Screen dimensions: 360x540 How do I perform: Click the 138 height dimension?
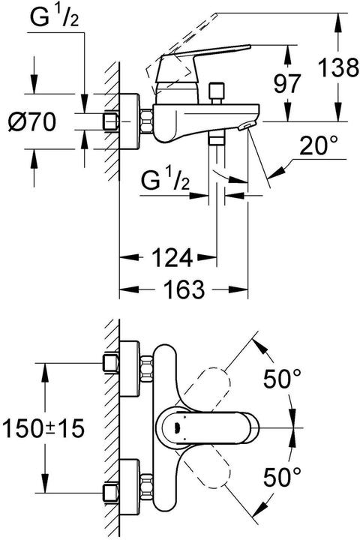(338, 67)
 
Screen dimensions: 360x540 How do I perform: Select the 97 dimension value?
(287, 83)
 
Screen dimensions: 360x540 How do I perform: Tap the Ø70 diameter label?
(31, 122)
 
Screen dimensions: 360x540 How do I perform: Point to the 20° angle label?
(318, 146)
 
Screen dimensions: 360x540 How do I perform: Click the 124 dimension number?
(172, 257)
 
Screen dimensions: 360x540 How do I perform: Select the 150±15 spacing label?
(43, 429)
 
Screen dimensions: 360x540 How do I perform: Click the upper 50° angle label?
(282, 379)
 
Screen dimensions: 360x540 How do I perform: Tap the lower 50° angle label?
(282, 477)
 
